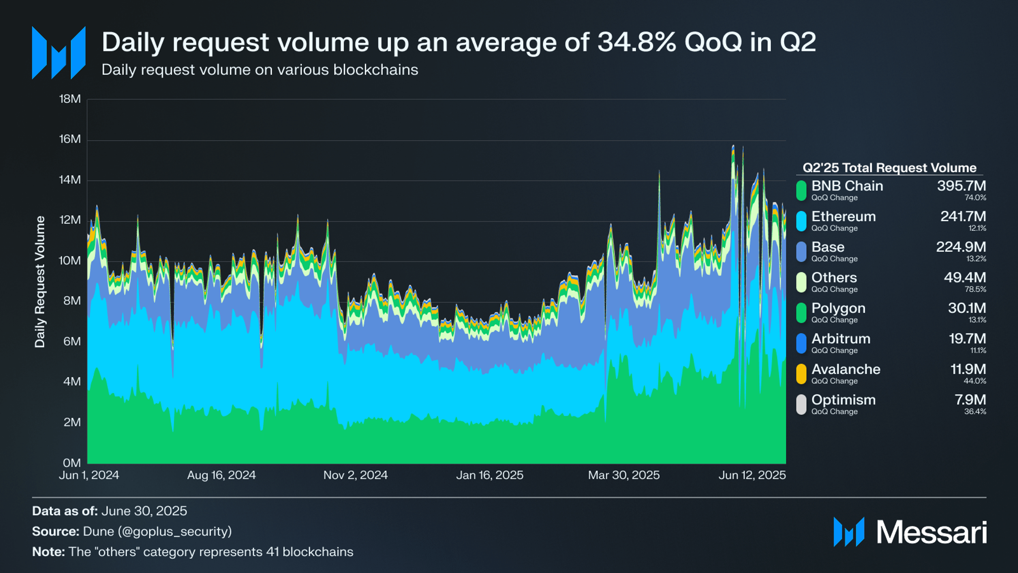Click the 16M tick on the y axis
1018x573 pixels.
(70, 139)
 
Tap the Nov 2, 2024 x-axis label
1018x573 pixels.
(355, 475)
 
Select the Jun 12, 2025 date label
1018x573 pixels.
(752, 475)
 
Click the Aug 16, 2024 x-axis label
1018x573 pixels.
(221, 475)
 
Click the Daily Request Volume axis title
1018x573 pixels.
(40, 282)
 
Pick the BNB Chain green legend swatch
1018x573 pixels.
(801, 190)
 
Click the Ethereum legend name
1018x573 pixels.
(843, 216)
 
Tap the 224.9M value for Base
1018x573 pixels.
(960, 247)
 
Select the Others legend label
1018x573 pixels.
(834, 278)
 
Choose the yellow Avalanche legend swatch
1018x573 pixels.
(801, 374)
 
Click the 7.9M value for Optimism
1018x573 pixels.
(970, 400)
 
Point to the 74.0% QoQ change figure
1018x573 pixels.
(975, 198)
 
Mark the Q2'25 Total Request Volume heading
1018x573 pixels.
(889, 168)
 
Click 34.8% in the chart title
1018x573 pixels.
(637, 42)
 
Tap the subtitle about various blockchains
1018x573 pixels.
(259, 70)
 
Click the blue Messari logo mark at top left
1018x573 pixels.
(58, 52)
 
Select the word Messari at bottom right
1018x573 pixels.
(932, 532)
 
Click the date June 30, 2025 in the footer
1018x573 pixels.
(144, 511)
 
